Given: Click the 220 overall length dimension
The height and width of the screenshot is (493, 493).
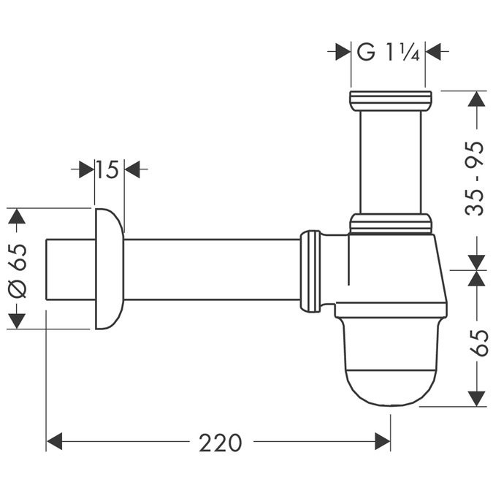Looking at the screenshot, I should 220,442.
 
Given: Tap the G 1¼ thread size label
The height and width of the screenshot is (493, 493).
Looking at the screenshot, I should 388,52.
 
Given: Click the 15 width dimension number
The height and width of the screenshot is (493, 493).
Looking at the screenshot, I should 107,170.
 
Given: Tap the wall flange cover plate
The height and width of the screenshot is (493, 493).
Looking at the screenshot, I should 109,269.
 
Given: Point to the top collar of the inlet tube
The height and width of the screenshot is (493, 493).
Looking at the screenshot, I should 391,101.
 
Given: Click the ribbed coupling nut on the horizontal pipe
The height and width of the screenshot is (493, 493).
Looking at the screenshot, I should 310,270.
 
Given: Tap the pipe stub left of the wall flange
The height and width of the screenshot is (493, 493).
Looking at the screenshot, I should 69,269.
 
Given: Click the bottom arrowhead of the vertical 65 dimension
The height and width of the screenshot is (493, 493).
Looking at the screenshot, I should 476,398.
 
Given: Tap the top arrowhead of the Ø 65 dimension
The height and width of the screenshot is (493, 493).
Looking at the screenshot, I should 16,216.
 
